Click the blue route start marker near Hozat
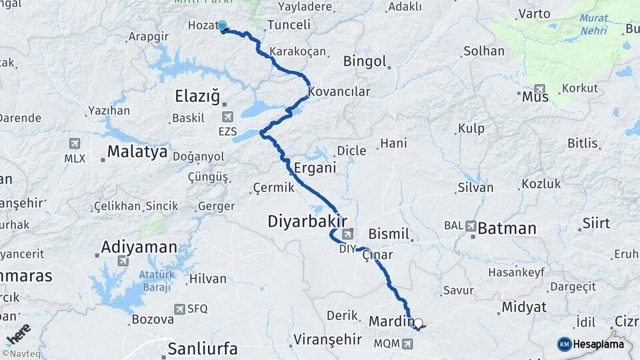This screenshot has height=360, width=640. click(x=222, y=26)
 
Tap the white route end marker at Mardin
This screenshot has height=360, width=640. click(x=418, y=323)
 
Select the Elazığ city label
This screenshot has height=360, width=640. click(x=197, y=97)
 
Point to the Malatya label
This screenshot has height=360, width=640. click(x=137, y=152)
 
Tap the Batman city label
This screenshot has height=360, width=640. click(x=507, y=229)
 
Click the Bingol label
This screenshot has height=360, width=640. click(x=365, y=61)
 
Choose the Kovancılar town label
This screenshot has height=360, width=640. click(x=339, y=92)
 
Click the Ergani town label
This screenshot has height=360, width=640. click(x=315, y=168)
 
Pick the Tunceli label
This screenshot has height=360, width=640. click(x=289, y=25)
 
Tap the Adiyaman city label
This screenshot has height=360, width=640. click(x=139, y=248)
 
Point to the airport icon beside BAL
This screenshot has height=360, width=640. click(x=471, y=226)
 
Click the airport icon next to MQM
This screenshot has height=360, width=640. click(x=408, y=344)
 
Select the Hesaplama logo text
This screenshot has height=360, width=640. click(x=599, y=344)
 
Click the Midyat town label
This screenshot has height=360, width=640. click(x=524, y=307)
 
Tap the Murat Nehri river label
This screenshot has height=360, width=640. click(x=593, y=24)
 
